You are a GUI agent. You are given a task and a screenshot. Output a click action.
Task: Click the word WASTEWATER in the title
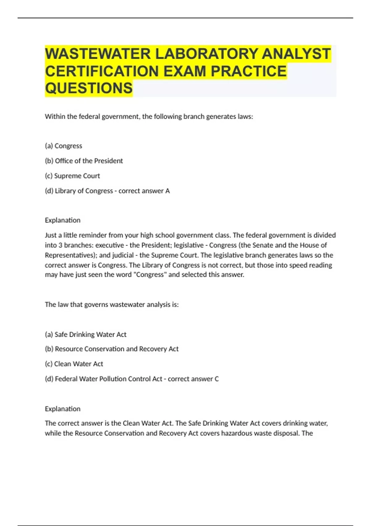98,54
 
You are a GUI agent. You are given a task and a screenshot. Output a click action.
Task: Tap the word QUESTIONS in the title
89,88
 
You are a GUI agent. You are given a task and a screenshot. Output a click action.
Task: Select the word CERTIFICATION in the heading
102,71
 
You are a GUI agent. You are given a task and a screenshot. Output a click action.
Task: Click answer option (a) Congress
63,146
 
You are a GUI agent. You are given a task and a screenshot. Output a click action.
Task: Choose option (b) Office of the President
84,161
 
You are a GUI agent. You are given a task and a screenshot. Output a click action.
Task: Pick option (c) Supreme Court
72,176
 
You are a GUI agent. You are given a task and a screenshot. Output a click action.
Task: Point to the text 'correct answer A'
144,191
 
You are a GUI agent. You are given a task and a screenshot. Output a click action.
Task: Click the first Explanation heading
62,220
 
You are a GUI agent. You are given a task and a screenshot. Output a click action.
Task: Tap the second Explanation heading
62,409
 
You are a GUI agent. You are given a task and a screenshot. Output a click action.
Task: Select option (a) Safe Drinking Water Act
86,334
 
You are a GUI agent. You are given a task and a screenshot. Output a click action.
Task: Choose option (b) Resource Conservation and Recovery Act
112,349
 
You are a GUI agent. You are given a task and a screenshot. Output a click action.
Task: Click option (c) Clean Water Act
74,364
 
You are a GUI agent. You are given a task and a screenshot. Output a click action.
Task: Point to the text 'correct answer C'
193,379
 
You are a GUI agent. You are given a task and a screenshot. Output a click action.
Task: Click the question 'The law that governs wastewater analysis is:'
112,304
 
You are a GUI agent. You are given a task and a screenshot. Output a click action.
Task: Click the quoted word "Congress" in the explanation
150,275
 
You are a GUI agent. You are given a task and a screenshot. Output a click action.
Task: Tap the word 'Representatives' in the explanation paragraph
70,255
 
